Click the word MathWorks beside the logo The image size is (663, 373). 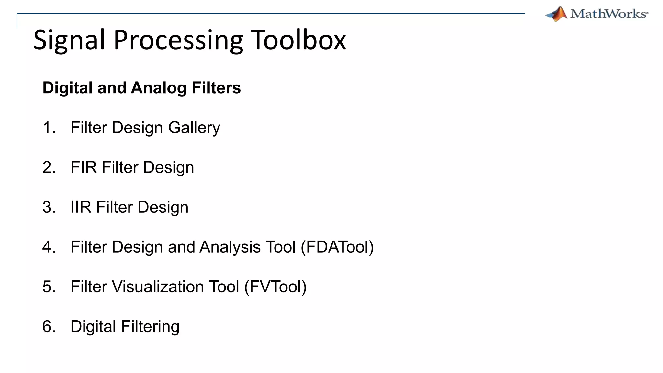coord(609,14)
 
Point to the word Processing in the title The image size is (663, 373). coord(178,40)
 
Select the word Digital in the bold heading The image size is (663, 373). coord(68,88)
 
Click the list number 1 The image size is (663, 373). coord(48,128)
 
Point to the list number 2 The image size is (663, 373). coord(48,167)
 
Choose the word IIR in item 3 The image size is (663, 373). coord(81,207)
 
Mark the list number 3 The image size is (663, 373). coord(48,207)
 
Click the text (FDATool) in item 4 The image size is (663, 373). coord(337,247)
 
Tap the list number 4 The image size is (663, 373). coord(48,247)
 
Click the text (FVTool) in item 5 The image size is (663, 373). coord(275,287)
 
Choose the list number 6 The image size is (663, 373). coord(48,327)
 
